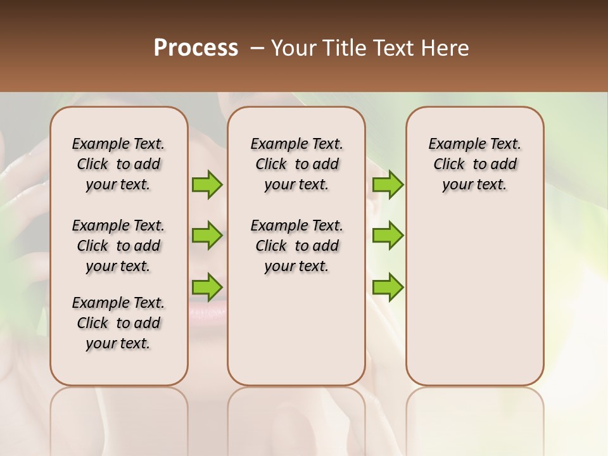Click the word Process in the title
pos(196,48)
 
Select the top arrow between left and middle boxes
pos(207,184)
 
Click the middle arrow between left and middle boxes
pos(207,236)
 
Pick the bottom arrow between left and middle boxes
pos(207,287)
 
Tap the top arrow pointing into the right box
pos(388,184)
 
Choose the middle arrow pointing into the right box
pos(388,236)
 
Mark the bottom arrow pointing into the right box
pos(388,287)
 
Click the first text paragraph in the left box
pos(118,164)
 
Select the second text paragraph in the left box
pos(118,246)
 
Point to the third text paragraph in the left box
pos(118,323)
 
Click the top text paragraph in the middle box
pos(297,164)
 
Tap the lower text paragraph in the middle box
pos(297,246)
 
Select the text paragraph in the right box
pos(475,164)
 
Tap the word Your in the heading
pos(295,48)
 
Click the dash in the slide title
pos(257,48)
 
